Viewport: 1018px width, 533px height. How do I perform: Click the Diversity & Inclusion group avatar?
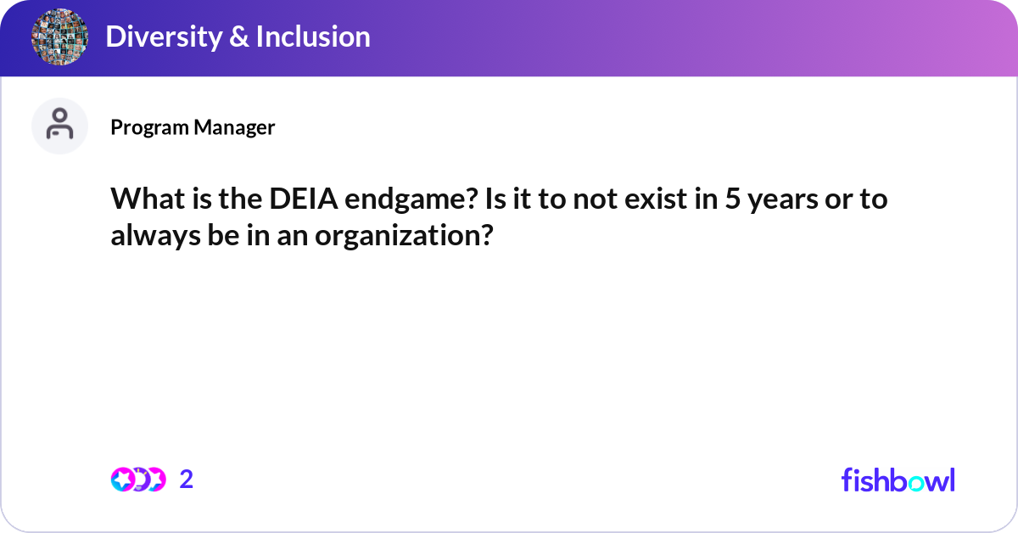coord(60,38)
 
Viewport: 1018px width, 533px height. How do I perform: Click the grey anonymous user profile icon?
coord(59,126)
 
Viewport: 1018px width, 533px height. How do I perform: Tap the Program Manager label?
coord(193,127)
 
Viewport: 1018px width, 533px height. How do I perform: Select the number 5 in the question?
coord(730,201)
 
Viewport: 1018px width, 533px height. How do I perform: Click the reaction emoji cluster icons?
coord(138,480)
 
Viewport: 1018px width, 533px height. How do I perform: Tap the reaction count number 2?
coord(187,480)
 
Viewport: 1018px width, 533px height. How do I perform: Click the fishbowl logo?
coord(898,480)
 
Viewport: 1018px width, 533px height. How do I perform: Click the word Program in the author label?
coord(150,127)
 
